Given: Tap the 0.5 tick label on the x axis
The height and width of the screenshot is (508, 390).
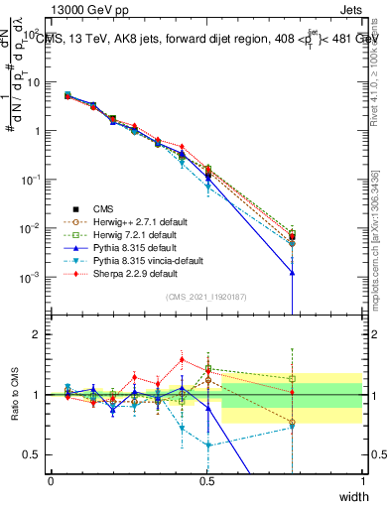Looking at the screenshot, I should pos(206,481).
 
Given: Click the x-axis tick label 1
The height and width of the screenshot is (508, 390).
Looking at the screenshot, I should pos(362,481).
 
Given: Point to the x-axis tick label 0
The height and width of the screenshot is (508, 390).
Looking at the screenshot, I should pos(51,481).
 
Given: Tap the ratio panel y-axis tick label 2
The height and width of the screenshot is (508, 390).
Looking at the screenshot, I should pos(36,335).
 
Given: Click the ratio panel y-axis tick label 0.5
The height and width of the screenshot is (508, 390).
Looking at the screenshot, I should pos(32,454).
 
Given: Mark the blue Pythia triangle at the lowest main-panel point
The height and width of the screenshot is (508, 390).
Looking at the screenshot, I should pos(292,272).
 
